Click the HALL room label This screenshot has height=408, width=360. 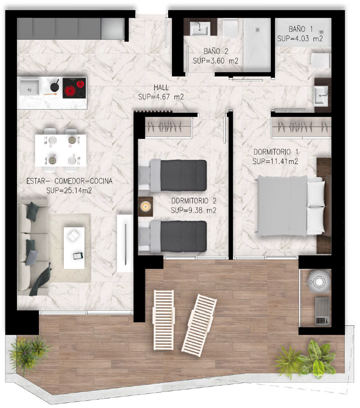pos(161,88)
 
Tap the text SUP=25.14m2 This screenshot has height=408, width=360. pos(69,191)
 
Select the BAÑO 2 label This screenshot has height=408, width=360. pos(215,52)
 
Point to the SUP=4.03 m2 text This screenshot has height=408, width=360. pos(300,39)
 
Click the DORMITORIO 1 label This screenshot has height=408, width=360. pos(276,152)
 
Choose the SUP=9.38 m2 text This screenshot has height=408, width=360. pos(194,210)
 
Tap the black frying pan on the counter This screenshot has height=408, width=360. pos(55,86)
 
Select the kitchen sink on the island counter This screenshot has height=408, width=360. pos(30,87)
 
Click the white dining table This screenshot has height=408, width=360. pos(60,151)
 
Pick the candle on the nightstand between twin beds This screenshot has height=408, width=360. pos(145,207)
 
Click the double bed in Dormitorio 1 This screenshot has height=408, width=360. pos(291,206)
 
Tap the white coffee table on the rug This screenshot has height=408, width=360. pos(74,248)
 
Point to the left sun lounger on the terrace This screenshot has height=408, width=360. pos(164,320)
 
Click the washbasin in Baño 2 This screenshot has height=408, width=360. pos(199,28)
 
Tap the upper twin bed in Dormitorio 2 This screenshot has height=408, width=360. pos(173,175)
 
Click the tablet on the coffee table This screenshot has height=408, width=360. pos(78,256)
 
